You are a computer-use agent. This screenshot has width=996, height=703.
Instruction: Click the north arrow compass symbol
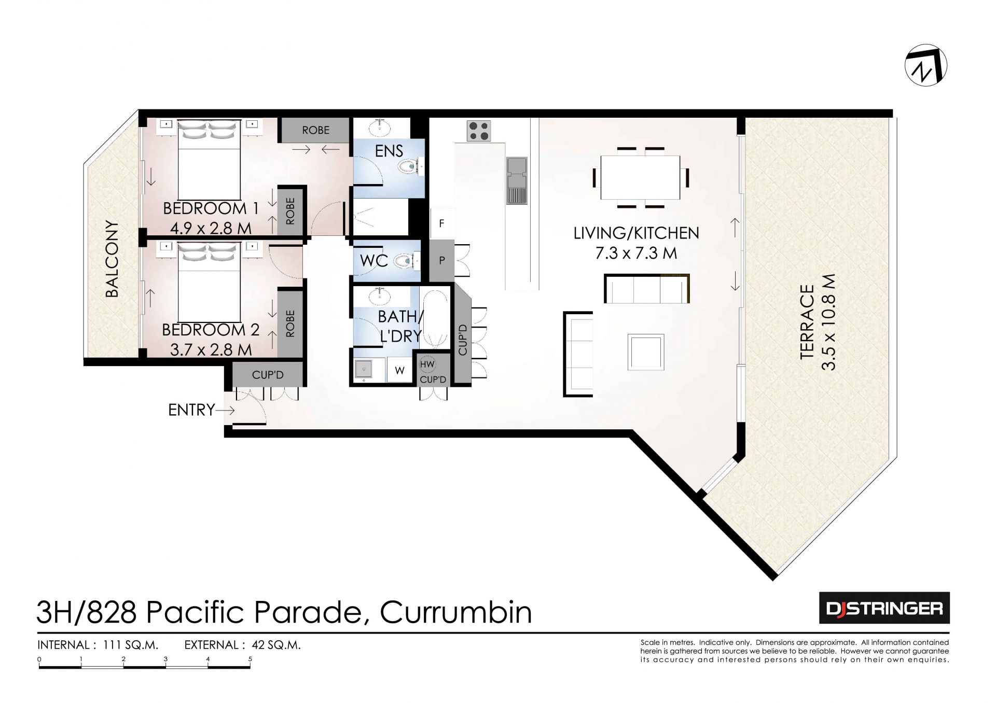pos(926,65)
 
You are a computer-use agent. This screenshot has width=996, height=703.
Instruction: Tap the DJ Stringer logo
pos(884,608)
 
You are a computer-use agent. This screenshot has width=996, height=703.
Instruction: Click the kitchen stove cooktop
pos(479,131)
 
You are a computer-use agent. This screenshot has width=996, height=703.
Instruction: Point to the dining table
pos(640,177)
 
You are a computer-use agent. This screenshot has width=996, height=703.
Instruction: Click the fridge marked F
pos(441,223)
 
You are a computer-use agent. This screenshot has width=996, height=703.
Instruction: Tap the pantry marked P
pos(441,261)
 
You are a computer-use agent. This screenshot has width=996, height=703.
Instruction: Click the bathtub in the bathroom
pos(435,319)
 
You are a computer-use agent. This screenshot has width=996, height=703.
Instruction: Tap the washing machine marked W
pos(399,370)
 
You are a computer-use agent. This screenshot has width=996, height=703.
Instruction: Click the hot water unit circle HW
pos(427,364)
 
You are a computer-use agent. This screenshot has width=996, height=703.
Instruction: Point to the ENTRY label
pos(191,410)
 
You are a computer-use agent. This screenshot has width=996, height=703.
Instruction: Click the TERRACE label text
pos(807,321)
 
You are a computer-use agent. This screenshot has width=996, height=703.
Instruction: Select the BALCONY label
pos(112,259)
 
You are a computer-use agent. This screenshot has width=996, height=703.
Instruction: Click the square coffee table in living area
pos(646,352)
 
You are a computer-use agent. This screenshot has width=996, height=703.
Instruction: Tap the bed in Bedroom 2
pos(209,282)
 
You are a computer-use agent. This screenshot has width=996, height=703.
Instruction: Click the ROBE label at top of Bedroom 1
pos(316,130)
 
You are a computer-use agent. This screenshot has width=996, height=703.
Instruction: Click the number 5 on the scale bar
pos(250,659)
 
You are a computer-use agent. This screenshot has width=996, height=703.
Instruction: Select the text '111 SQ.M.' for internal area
pos(131,645)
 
